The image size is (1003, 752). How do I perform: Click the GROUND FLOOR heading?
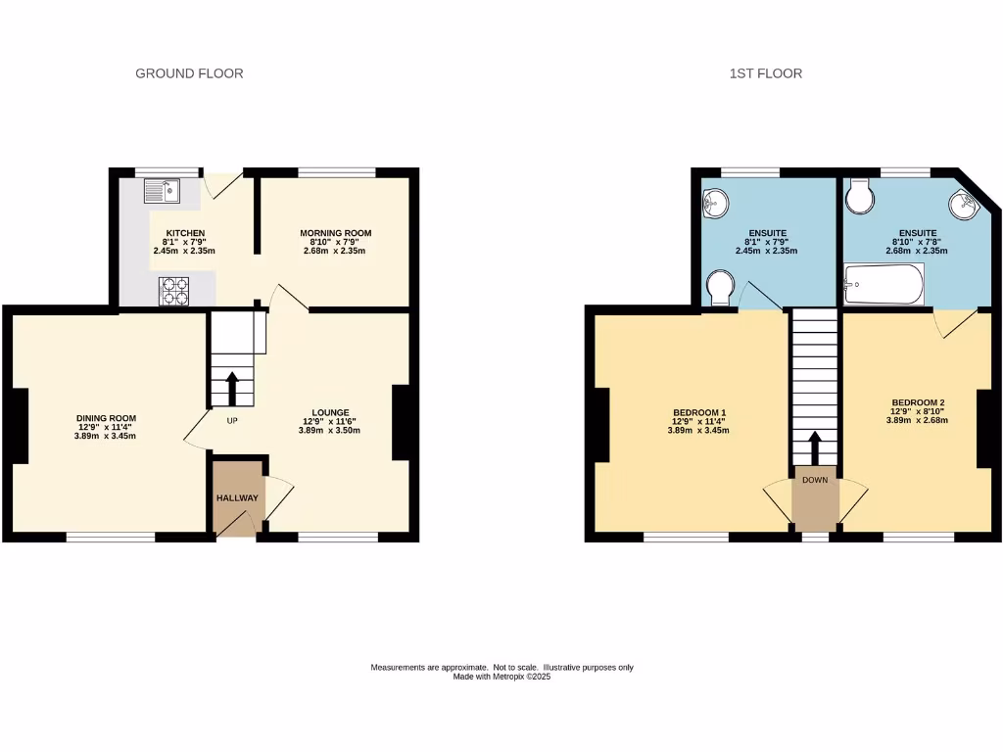[189, 73]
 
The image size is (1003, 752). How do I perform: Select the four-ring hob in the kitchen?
[173, 289]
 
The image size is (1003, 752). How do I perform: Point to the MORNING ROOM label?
[335, 233]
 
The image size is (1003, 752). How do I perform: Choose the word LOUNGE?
[331, 412]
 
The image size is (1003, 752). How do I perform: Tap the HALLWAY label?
[237, 497]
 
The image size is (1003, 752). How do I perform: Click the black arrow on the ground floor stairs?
[233, 388]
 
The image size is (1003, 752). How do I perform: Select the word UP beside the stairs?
[232, 421]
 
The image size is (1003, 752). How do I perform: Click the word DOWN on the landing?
[815, 481]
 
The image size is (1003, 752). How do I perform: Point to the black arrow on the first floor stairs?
[814, 449]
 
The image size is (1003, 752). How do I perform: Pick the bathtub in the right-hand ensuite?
[884, 284]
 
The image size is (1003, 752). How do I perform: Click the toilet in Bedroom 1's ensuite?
[721, 289]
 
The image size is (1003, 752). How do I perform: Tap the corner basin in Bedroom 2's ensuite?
[963, 204]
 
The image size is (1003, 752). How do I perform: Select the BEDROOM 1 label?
[699, 412]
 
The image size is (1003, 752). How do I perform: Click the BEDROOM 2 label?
[918, 402]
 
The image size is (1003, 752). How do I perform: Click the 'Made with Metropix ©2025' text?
[501, 677]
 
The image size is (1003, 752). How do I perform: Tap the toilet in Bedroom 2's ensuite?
[861, 196]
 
